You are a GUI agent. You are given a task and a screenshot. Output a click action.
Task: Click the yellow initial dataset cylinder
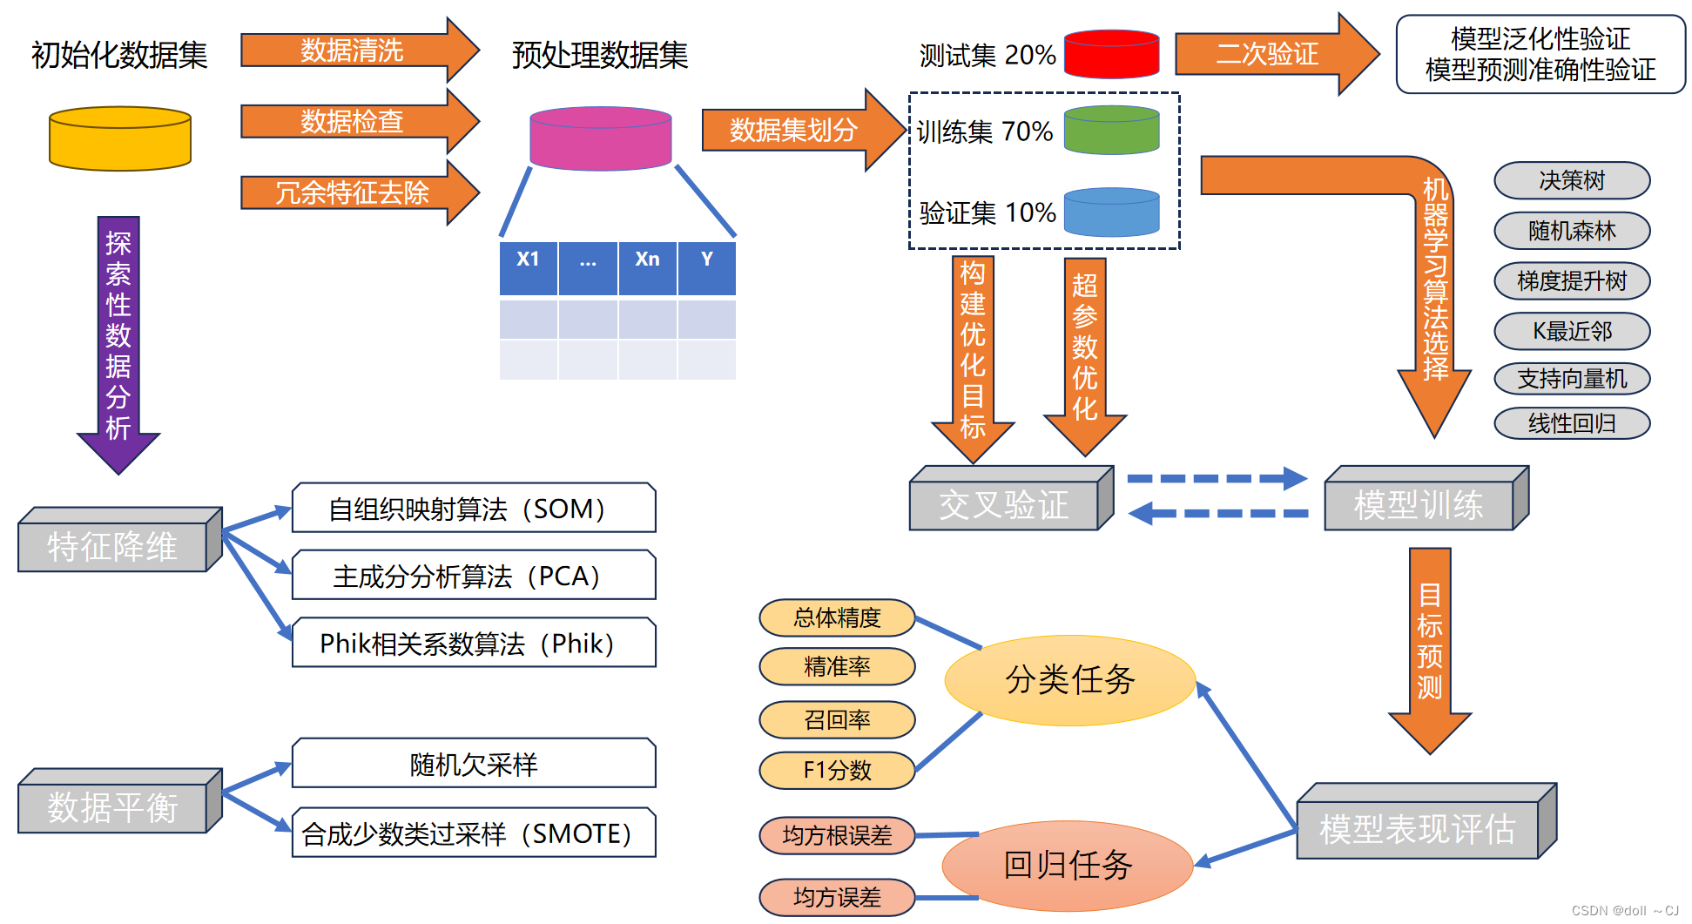pos(120,139)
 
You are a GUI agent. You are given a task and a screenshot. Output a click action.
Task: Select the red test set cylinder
pos(1111,55)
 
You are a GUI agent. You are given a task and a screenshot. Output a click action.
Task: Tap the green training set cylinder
pos(1111,131)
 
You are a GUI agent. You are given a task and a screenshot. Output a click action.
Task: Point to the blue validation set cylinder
pos(1111,212)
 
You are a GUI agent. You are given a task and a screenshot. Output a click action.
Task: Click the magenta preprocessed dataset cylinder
pos(600,139)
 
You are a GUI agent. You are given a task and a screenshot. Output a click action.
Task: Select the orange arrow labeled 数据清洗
pos(353,51)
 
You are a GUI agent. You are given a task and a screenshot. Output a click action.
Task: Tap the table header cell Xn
pos(647,260)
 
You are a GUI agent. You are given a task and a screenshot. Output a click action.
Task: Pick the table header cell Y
pos(706,260)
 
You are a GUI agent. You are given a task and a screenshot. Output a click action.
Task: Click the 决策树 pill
pos(1571,180)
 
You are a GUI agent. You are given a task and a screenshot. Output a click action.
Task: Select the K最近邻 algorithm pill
pos(1571,331)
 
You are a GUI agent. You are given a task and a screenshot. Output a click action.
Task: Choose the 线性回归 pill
pos(1571,423)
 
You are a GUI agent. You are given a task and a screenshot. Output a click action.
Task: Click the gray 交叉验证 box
pos(1003,505)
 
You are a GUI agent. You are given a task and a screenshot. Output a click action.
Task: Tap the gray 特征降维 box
pos(112,547)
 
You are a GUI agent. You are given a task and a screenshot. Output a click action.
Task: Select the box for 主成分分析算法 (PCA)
pos(473,576)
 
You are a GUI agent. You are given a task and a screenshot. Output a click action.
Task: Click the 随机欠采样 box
pos(473,765)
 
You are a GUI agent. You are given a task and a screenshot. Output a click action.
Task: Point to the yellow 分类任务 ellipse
pos(1069,680)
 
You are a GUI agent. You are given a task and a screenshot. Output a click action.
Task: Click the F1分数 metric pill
pos(837,770)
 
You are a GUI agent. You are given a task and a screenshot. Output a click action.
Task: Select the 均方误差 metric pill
pos(837,897)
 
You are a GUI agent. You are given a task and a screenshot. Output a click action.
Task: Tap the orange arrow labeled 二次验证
pos(1267,54)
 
